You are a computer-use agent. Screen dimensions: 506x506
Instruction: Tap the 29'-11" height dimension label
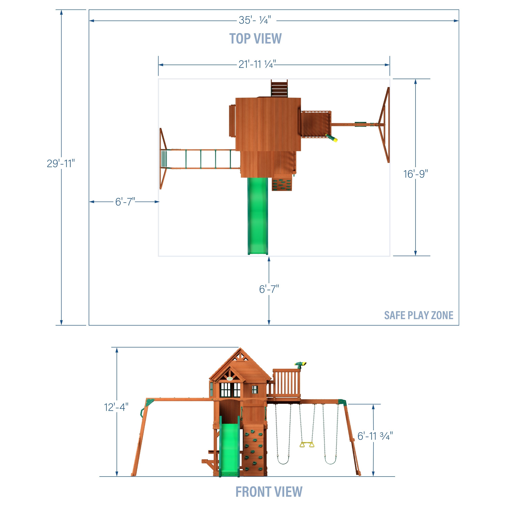(x=61, y=163)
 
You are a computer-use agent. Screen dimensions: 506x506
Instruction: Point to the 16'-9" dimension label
(x=415, y=174)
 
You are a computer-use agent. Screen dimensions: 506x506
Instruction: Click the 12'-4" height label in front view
(x=116, y=407)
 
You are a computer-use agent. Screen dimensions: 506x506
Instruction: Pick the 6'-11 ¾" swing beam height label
(x=375, y=436)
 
